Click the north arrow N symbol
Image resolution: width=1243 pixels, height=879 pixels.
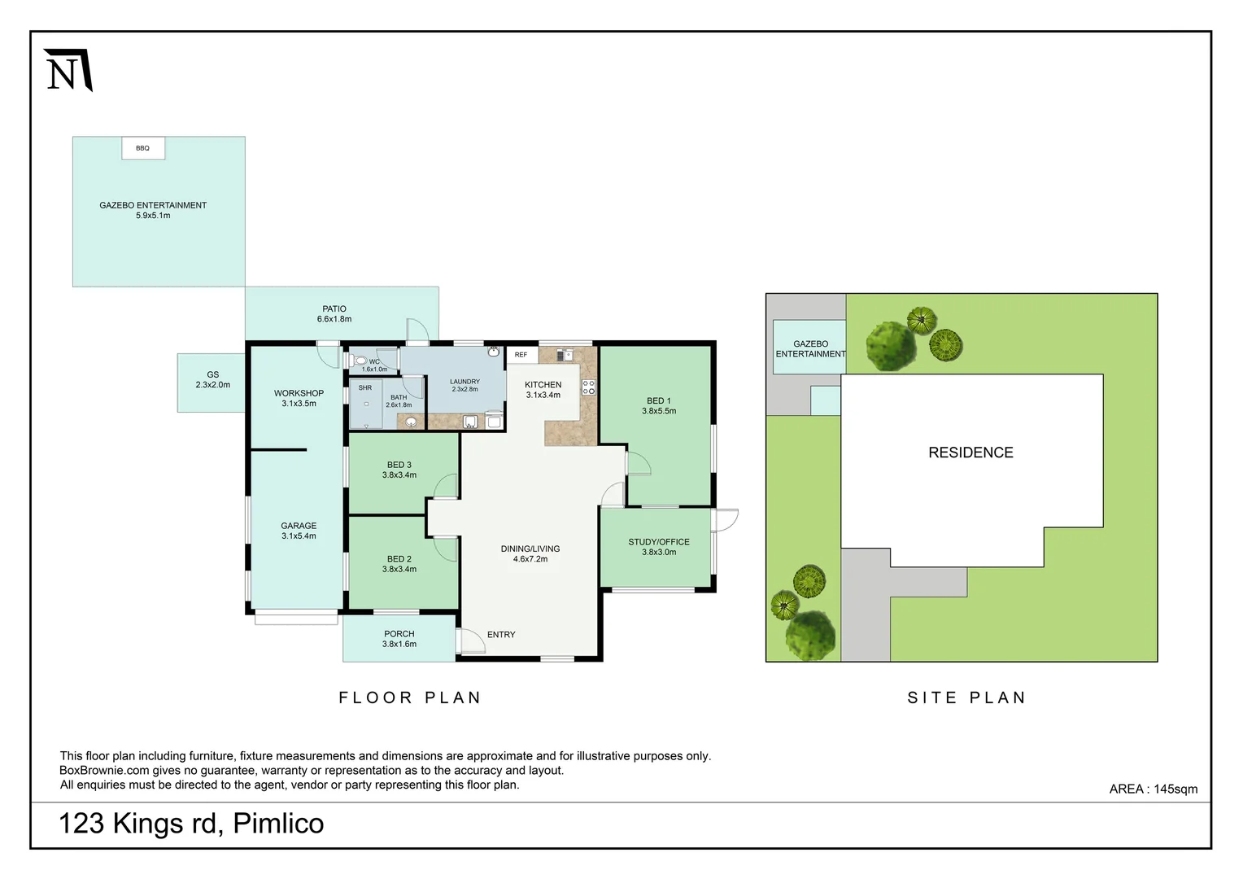(68, 69)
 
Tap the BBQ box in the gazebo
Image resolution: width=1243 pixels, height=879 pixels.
(143, 148)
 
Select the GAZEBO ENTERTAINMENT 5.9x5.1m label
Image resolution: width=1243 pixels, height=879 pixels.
(153, 210)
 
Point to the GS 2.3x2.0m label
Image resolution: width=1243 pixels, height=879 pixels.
(212, 379)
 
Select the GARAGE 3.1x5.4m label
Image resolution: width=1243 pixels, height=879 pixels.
(299, 531)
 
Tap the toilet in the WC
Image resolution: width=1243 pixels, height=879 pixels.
(360, 361)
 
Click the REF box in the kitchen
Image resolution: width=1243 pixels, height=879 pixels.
(521, 355)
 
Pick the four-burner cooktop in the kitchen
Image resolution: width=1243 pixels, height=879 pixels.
(588, 387)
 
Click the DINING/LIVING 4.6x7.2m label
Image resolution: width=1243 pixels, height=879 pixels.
(530, 553)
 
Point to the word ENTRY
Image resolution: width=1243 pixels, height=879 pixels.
(501, 634)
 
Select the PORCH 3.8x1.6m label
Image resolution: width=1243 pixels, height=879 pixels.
(399, 639)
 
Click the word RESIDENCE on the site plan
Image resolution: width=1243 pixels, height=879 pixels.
(970, 453)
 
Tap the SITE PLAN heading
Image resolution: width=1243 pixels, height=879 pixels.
(966, 698)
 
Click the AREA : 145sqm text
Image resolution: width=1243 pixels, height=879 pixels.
(1153, 789)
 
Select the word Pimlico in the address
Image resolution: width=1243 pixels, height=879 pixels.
(278, 824)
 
